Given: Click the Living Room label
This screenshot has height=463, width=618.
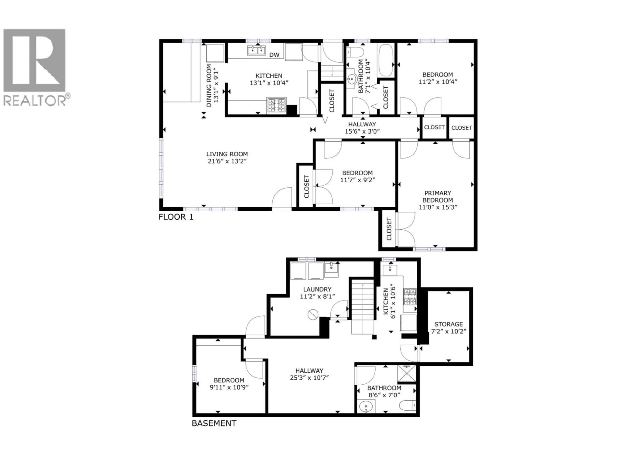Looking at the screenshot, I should coord(227,154).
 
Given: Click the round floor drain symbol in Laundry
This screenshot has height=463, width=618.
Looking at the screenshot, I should coord(313,314).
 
